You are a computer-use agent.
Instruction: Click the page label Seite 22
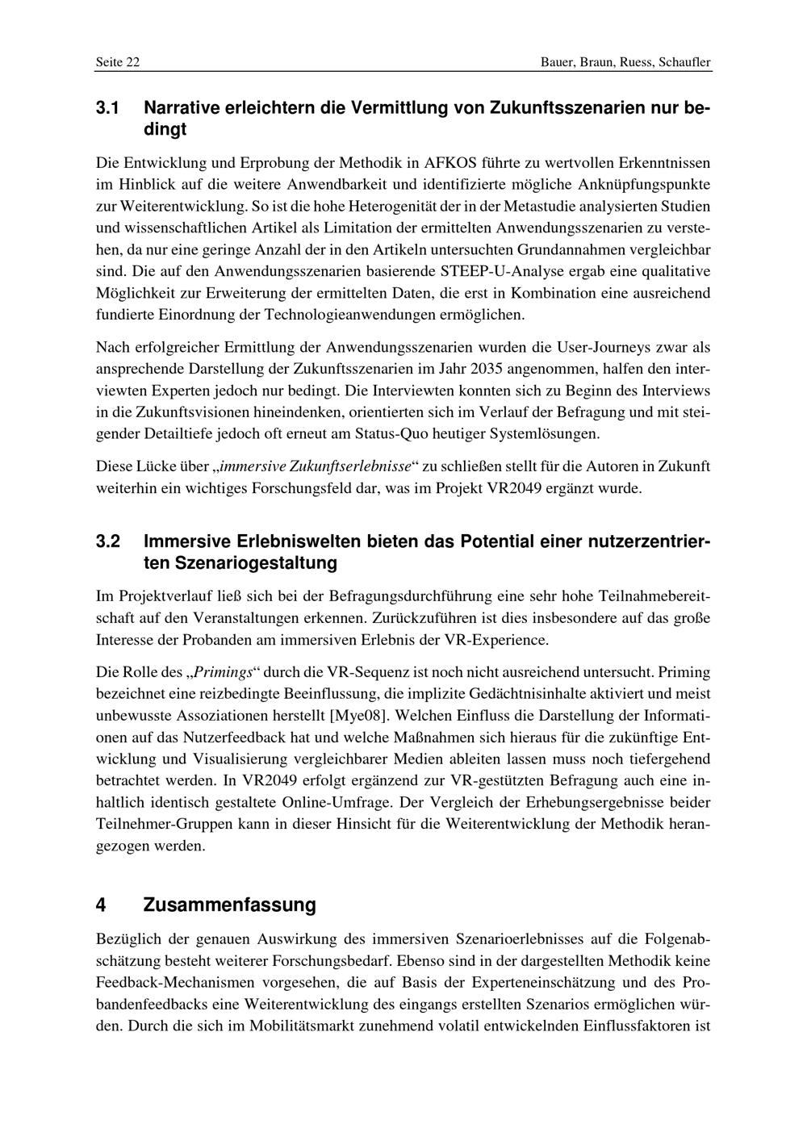click(118, 62)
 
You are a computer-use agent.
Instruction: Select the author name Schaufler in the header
click(684, 62)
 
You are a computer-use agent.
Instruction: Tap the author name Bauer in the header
click(558, 62)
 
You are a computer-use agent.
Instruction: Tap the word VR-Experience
click(495, 640)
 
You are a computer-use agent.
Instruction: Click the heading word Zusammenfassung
click(229, 905)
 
